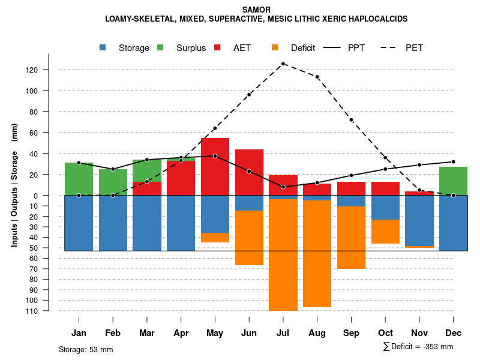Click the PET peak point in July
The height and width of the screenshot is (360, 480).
point(283,63)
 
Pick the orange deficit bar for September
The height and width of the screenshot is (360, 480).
point(351,237)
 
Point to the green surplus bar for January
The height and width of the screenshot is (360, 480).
point(79,179)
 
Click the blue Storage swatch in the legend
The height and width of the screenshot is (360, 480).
point(103,47)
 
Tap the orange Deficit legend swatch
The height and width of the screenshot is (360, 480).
point(275,47)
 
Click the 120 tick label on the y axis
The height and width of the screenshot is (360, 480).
point(49,70)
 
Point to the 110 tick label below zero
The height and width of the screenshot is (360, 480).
point(49,311)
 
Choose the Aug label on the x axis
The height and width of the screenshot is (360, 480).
point(317,333)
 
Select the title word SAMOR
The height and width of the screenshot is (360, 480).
point(256,10)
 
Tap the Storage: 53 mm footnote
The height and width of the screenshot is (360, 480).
point(86,349)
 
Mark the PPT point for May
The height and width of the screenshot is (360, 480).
point(215,156)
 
